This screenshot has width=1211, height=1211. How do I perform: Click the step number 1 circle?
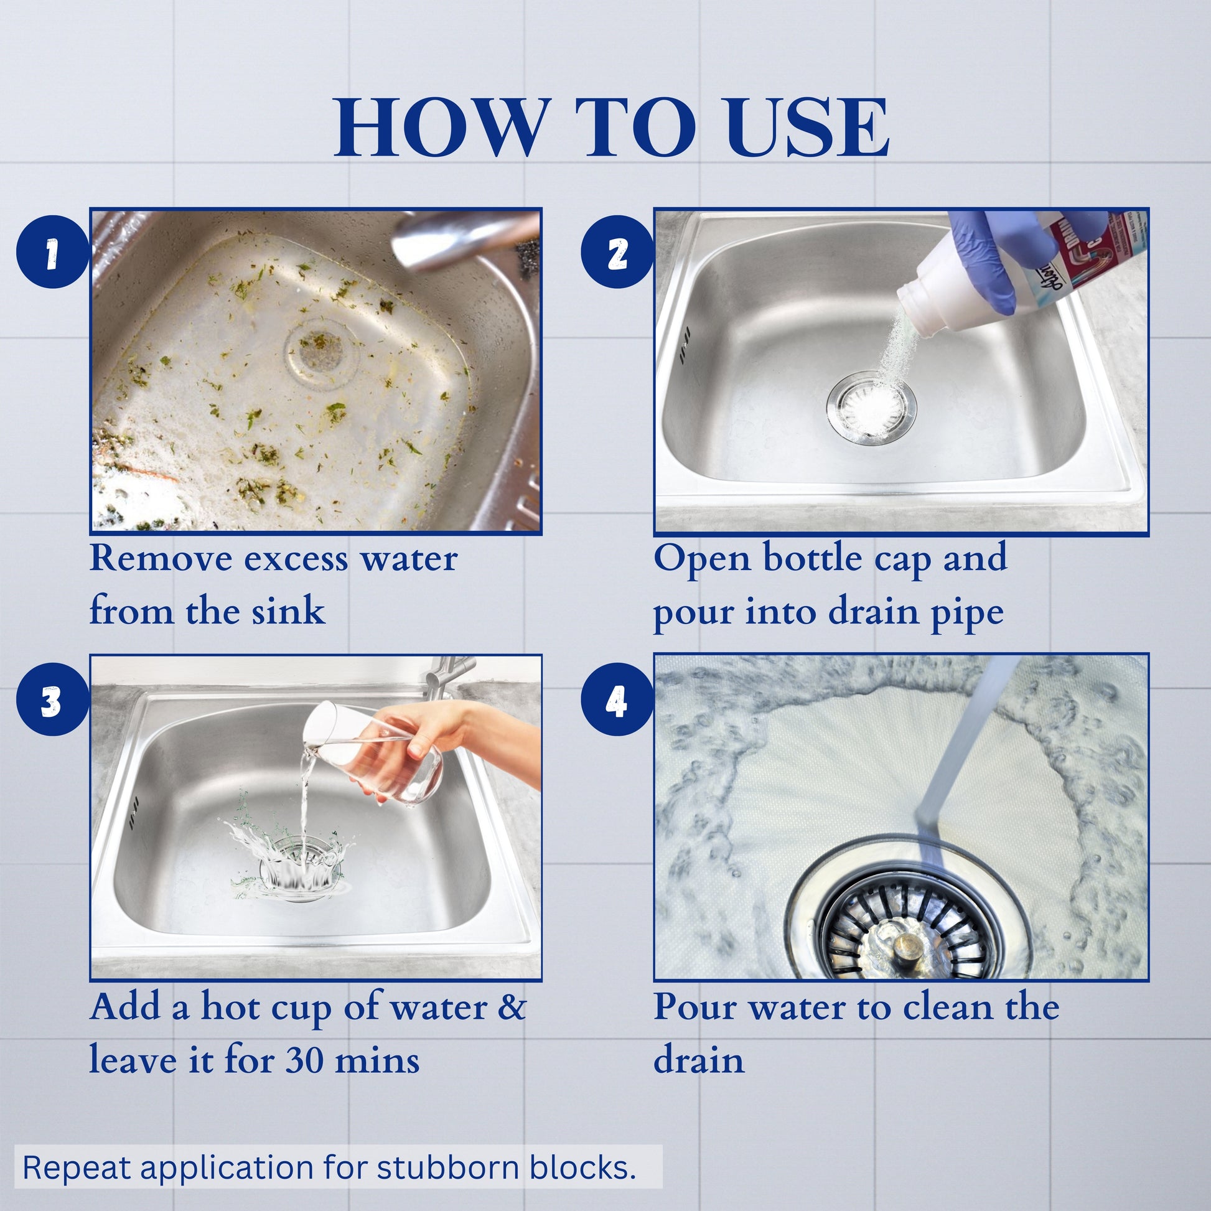[53, 252]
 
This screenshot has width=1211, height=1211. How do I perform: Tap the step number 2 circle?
[617, 252]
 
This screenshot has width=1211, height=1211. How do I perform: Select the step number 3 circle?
[53, 699]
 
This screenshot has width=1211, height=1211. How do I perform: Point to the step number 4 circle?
[617, 699]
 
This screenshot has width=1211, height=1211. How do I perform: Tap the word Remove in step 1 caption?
[161, 557]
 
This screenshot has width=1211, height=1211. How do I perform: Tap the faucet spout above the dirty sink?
[464, 238]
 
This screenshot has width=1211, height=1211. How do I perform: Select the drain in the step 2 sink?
[871, 408]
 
